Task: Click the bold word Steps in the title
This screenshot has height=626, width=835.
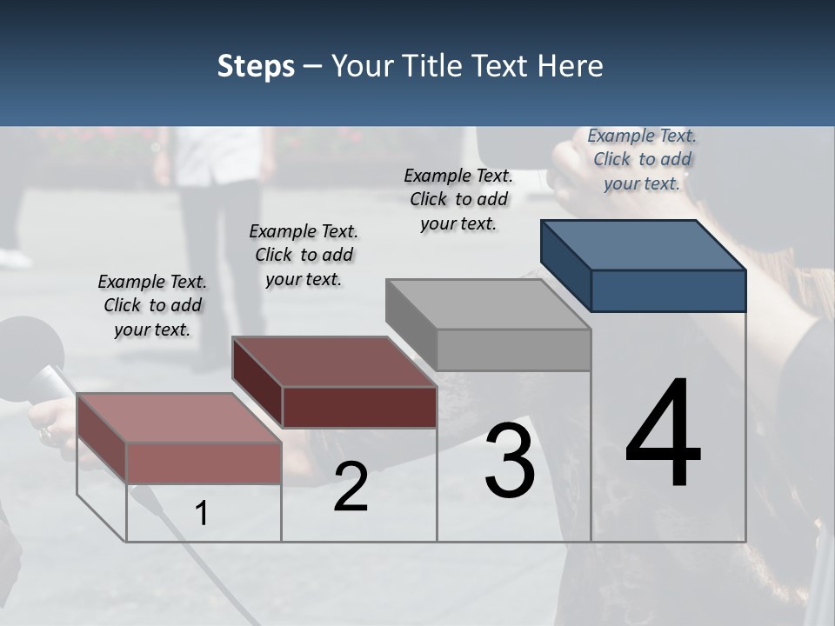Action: [256, 67]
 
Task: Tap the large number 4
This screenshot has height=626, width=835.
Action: [663, 435]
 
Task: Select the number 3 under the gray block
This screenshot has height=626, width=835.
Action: [510, 461]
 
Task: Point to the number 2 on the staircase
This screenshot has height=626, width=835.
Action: [351, 488]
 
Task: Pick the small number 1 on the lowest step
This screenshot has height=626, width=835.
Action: [202, 513]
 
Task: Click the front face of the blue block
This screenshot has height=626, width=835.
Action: [668, 290]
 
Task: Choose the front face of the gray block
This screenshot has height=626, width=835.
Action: [513, 350]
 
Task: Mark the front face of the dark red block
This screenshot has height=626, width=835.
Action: [359, 407]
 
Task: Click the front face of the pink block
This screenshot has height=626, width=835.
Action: [204, 463]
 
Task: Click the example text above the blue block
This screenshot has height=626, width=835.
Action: [642, 159]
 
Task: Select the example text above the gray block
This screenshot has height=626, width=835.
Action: [458, 199]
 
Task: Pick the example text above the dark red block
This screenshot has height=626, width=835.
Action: [304, 255]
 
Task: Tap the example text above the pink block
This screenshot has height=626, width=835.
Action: [152, 305]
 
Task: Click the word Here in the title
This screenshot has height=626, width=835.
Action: [571, 67]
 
